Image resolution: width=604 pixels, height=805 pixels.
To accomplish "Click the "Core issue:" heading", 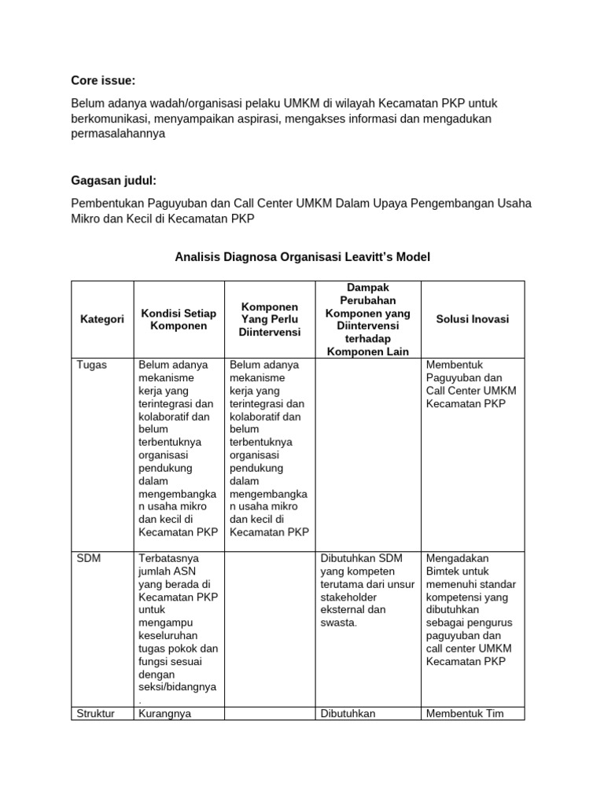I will (103, 80).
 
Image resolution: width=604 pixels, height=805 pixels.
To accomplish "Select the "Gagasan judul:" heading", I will (109, 181).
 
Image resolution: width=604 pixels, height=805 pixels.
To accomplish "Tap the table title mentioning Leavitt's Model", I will (301, 257).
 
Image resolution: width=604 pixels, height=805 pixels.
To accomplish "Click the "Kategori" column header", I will (102, 319).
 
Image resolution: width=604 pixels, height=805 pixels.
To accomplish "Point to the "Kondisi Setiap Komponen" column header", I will (179, 319).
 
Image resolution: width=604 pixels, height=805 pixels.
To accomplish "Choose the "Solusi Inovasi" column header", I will (473, 319).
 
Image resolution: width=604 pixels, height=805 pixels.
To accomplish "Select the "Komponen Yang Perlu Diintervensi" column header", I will (270, 319).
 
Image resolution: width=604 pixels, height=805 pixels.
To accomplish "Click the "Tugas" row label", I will (92, 365).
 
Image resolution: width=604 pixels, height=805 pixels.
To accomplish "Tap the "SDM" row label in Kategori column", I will (89, 558).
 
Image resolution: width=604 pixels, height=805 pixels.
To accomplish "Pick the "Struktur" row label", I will (96, 713).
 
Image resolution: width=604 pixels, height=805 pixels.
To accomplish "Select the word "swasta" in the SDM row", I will (338, 623).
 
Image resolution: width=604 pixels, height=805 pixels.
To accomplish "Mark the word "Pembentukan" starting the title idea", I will (105, 204).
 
